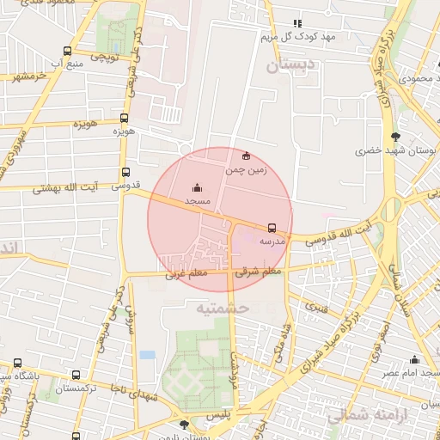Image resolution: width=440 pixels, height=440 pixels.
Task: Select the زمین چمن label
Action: [247, 170]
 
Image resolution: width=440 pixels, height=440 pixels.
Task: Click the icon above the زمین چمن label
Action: [247, 156]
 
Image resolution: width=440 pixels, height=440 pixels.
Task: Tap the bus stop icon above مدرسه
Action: [272, 228]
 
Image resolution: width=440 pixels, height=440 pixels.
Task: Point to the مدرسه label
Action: [272, 241]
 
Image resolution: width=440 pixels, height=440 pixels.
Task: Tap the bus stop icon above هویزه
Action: [125, 119]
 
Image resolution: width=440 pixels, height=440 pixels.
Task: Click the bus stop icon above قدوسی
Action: [126, 172]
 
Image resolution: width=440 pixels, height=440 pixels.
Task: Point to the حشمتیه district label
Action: [221, 307]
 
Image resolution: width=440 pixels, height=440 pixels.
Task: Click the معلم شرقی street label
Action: [259, 272]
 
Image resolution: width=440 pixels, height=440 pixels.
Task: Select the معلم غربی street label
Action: [186, 274]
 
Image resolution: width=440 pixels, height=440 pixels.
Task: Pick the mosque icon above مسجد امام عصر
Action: [415, 360]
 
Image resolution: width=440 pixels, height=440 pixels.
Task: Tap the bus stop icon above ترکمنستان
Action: [76, 376]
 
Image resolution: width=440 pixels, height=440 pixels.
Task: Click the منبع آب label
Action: [66, 64]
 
